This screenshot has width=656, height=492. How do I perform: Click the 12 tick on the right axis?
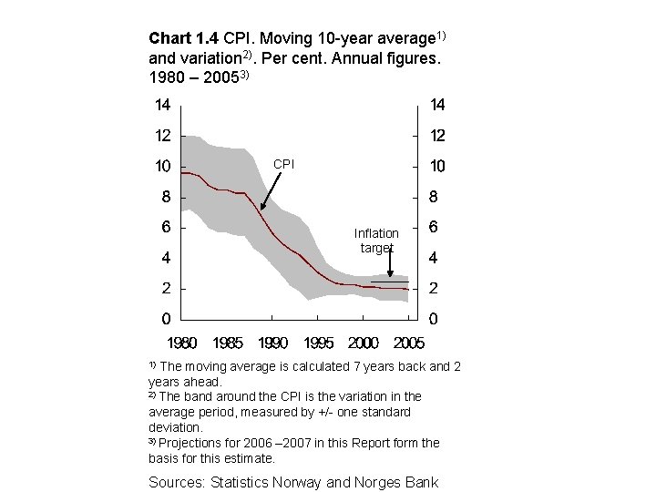(437, 136)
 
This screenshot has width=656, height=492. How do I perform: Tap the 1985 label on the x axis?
(228, 343)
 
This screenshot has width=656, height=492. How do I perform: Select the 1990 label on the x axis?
(272, 343)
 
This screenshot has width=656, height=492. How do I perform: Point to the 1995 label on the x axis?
(318, 343)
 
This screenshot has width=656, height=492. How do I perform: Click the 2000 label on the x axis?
(363, 343)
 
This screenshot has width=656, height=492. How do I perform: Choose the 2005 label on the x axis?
(407, 343)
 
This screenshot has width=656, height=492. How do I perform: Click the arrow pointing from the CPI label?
(271, 190)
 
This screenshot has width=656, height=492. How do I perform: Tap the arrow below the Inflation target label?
(390, 264)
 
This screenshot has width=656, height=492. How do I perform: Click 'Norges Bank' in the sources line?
(399, 481)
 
